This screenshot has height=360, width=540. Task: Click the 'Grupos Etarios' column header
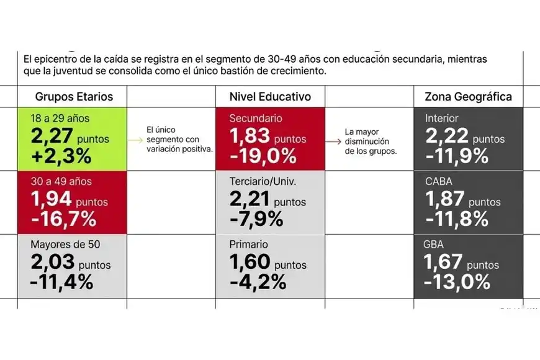pos(74,97)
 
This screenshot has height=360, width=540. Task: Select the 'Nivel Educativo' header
pos(270,97)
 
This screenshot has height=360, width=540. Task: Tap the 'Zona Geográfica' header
pos(468,97)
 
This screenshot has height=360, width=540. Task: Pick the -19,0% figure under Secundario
pos(263,155)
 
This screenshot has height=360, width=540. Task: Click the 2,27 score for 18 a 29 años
pos(52,136)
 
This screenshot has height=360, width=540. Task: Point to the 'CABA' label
pos(439,181)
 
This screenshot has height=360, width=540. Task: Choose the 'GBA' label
pos(435,245)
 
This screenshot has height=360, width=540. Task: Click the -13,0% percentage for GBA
pos(457,282)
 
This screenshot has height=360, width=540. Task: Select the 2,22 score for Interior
pos(446,136)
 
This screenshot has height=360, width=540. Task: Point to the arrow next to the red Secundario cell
pos(335,142)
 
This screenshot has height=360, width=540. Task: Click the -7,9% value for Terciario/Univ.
pos(257,218)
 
